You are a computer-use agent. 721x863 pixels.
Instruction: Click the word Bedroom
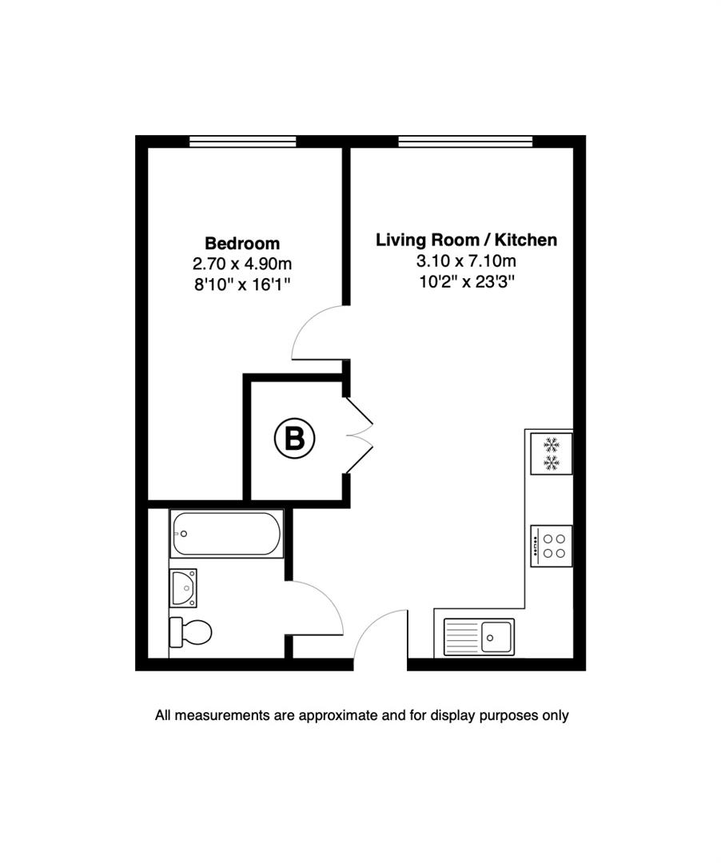(x=242, y=243)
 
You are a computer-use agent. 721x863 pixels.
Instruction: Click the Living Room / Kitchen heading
(x=466, y=240)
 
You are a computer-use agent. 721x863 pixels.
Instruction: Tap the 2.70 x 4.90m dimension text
(x=242, y=264)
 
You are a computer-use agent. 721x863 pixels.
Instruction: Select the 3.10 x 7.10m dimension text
(x=466, y=260)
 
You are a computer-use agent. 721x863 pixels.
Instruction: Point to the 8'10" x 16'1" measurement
(x=242, y=284)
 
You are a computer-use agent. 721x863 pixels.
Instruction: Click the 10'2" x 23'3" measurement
(x=466, y=281)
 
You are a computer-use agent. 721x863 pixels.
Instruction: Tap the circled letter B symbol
(x=295, y=438)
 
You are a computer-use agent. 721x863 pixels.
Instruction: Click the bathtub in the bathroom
(x=225, y=534)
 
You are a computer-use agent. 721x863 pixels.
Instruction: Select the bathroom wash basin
(x=183, y=588)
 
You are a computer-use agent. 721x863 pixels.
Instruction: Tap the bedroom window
(x=242, y=141)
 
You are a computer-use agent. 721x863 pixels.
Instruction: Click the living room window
(x=465, y=141)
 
